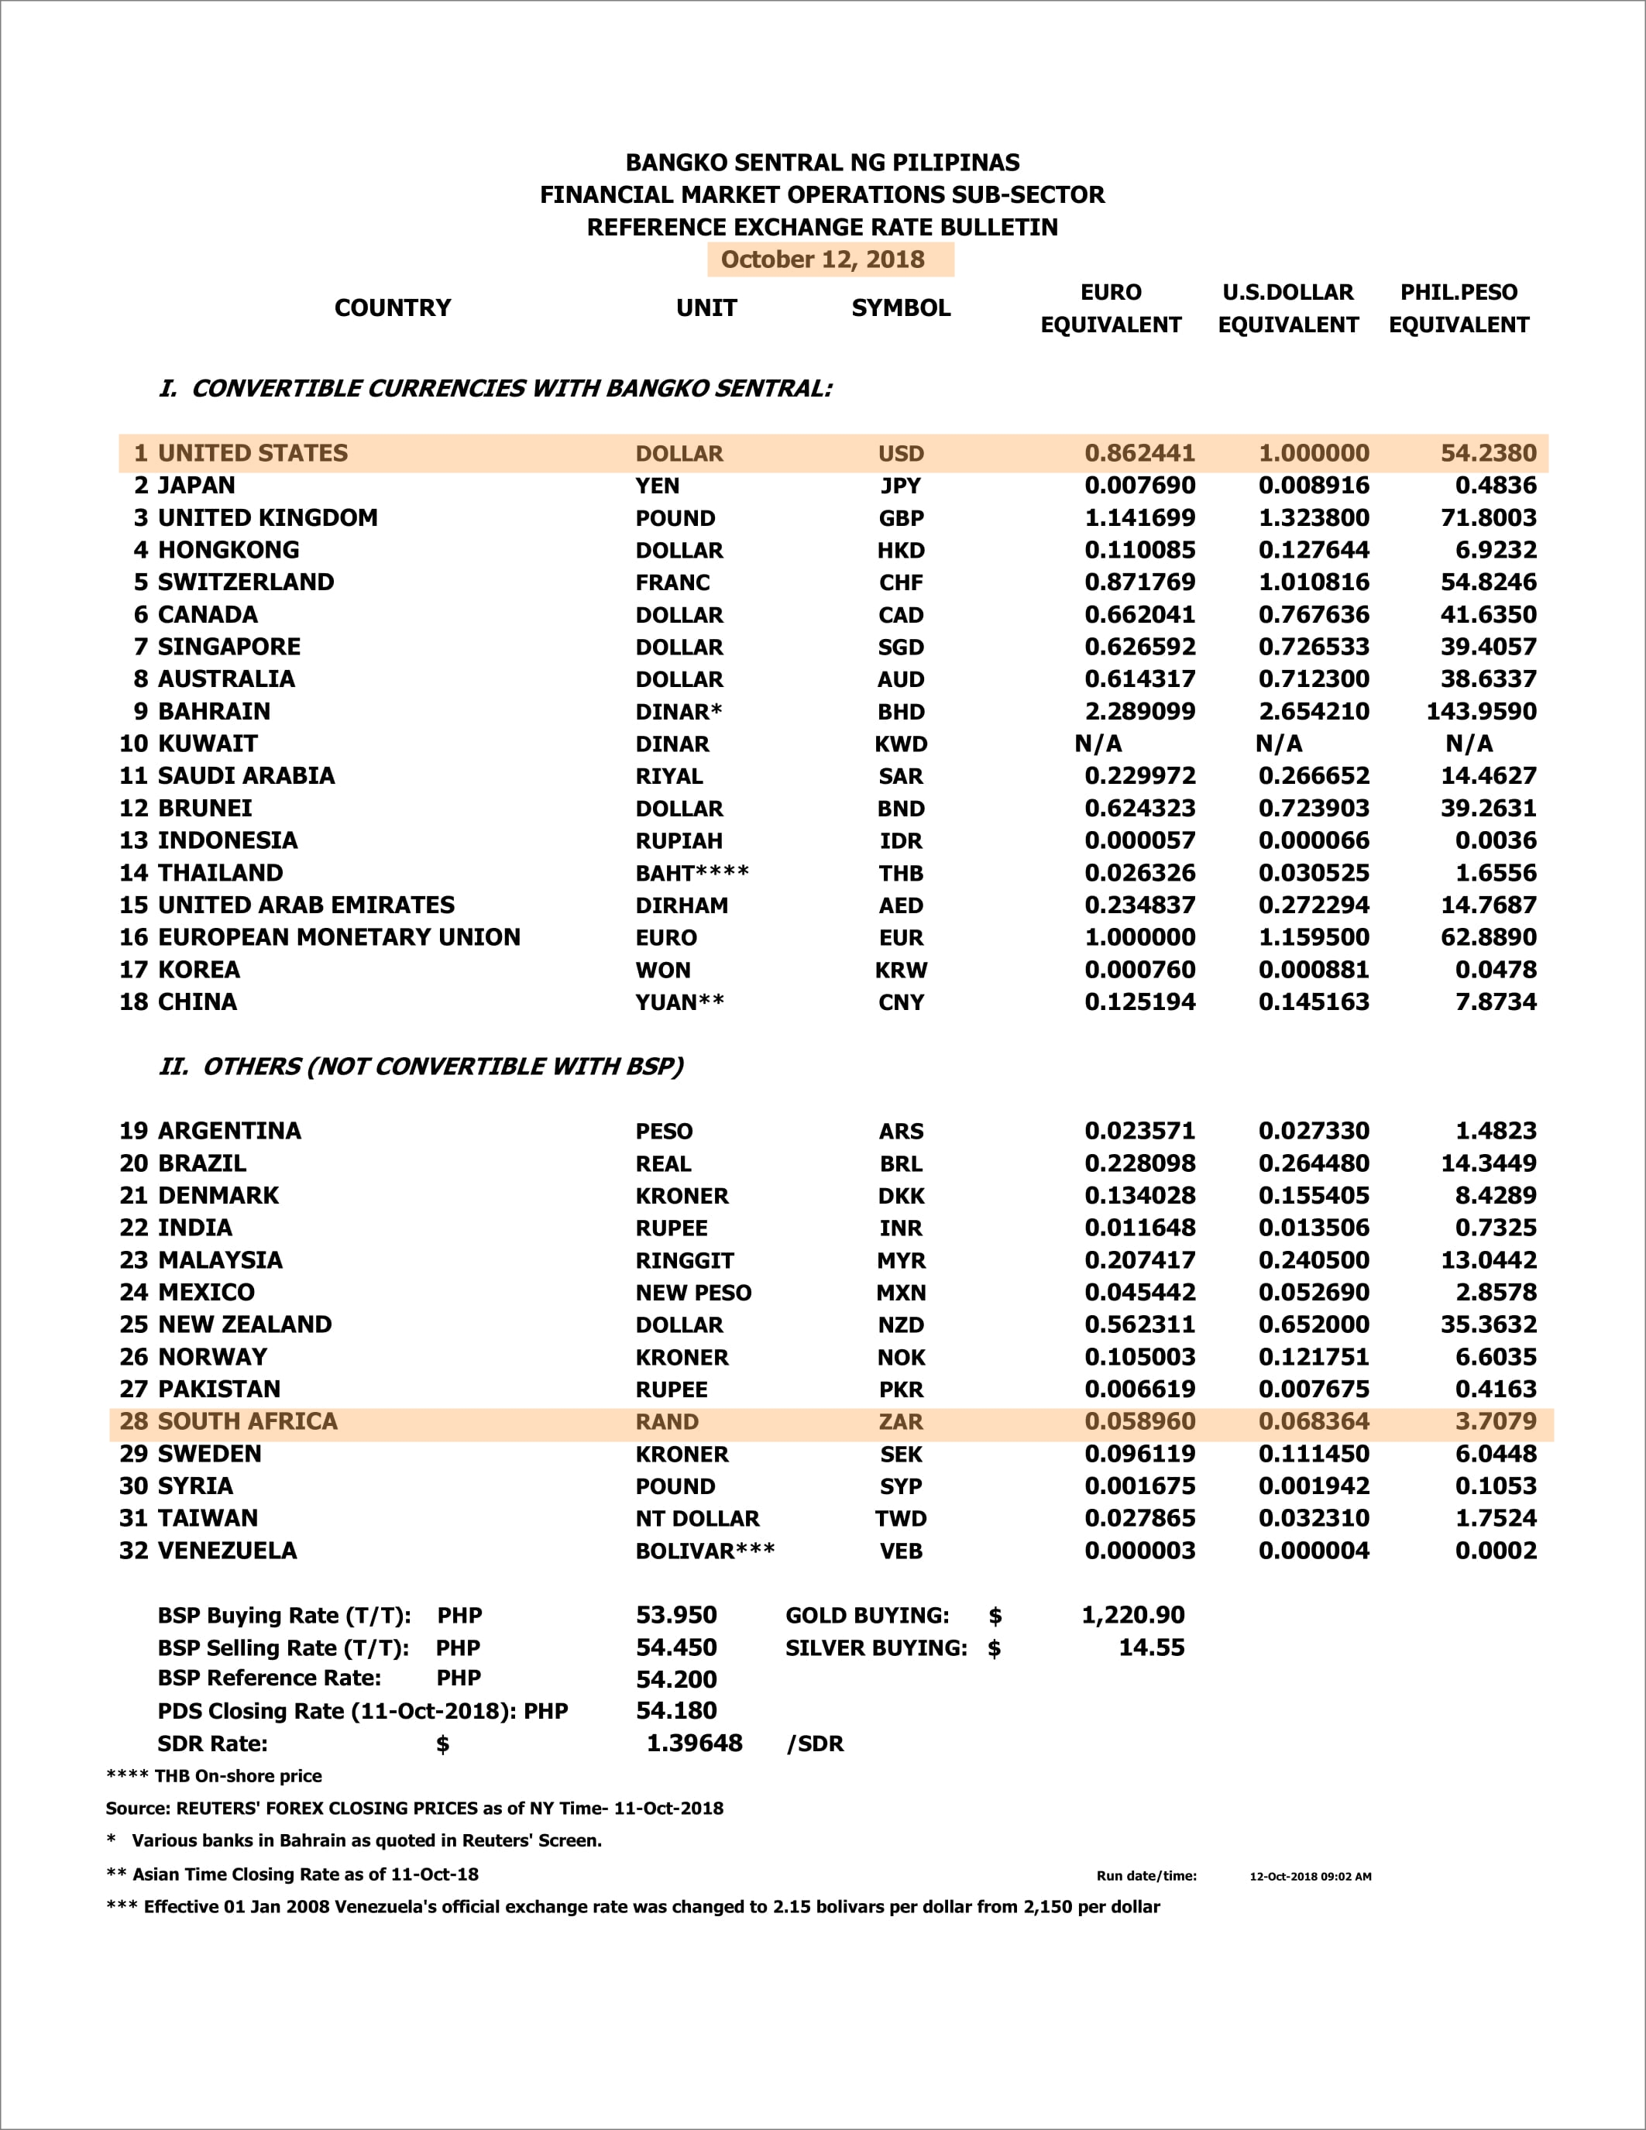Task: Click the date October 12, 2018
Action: (822, 259)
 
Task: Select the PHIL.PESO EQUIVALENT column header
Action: (1459, 308)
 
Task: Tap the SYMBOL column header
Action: (900, 308)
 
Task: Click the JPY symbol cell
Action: (900, 486)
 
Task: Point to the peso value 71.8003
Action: (1488, 518)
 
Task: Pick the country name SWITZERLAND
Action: (246, 582)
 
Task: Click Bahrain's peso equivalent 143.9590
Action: (1480, 711)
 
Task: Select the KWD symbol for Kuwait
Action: (900, 744)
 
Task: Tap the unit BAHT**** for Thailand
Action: (692, 873)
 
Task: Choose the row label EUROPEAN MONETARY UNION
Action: (338, 937)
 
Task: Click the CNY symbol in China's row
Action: (900, 1002)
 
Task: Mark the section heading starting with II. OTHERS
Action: (421, 1066)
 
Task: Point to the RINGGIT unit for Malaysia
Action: (685, 1261)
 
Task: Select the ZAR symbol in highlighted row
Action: (900, 1422)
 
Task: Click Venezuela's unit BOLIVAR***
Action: (705, 1551)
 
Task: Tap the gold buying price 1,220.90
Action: (1132, 1615)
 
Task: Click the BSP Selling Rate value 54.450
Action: (675, 1647)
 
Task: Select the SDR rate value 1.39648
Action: (694, 1743)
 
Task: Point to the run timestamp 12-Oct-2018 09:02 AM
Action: (1310, 1877)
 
